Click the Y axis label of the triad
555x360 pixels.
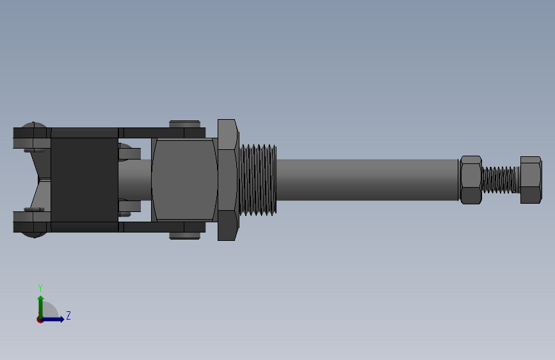40,288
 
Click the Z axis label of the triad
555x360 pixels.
68,315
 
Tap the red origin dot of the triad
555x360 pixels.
40,319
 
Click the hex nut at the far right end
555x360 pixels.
531,180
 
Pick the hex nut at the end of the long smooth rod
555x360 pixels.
471,180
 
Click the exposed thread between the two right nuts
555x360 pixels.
501,180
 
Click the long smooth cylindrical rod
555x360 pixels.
367,180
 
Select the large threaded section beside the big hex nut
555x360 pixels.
258,180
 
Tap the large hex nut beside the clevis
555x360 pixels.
227,180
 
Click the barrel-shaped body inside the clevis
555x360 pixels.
184,180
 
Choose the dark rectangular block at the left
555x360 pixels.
84,180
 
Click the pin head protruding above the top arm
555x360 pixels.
184,123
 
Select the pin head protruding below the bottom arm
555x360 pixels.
184,236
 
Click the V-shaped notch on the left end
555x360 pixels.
37,180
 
